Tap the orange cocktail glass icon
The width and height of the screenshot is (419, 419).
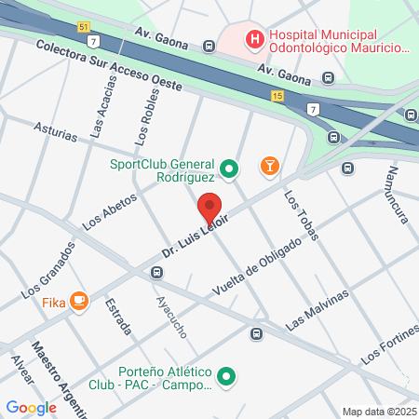(270, 166)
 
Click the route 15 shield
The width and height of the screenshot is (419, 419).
(277, 96)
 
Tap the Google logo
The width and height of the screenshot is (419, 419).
(31, 407)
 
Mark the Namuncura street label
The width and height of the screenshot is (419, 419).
(398, 196)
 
